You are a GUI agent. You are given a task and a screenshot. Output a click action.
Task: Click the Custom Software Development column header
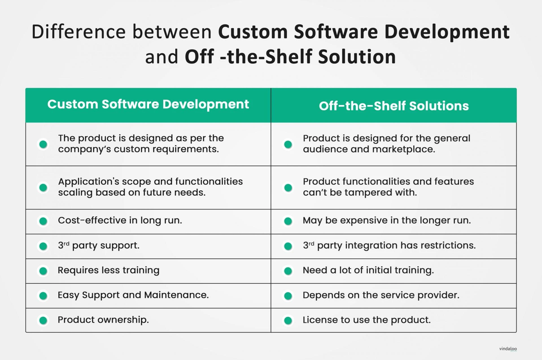click(148, 104)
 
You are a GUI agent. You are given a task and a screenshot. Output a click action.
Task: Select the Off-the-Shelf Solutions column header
click(394, 106)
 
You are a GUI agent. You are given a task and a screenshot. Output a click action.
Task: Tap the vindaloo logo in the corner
click(508, 349)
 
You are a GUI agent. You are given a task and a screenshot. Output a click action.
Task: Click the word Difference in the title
click(78, 32)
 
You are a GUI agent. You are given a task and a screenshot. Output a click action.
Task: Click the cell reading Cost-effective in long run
click(120, 221)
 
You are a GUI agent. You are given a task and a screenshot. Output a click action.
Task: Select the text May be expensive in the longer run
click(387, 221)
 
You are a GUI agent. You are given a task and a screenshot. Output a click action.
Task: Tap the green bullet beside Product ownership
click(43, 320)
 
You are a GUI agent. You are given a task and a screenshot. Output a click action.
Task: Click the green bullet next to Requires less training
click(43, 271)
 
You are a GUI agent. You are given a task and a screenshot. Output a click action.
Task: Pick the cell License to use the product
click(366, 320)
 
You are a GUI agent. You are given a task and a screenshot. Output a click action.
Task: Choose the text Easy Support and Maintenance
click(133, 295)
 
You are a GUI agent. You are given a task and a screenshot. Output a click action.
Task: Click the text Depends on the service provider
click(381, 295)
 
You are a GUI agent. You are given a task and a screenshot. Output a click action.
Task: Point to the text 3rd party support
click(99, 245)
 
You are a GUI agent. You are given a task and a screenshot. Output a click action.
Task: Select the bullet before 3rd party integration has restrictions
click(288, 246)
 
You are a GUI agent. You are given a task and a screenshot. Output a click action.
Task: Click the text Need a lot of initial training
click(368, 270)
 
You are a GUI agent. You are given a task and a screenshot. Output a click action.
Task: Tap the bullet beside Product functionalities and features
click(288, 188)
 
